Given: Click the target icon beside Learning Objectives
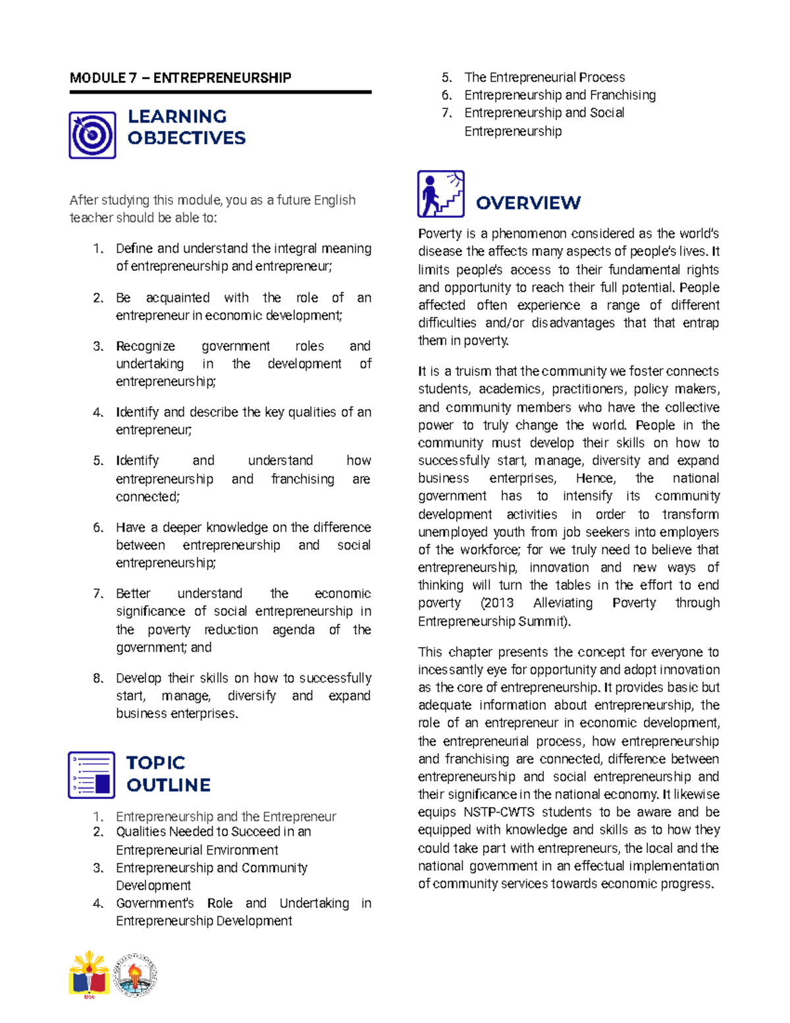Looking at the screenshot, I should [x=92, y=135].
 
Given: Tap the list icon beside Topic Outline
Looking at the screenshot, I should [x=92, y=775].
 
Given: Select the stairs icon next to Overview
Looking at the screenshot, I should [x=440, y=194].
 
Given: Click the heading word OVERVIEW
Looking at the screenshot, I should [x=528, y=203].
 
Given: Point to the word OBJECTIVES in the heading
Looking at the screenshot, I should [x=186, y=138].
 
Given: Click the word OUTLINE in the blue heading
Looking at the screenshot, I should [x=169, y=785].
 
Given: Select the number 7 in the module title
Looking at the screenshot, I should [x=133, y=78].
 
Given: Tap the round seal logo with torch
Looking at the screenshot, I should [x=135, y=976].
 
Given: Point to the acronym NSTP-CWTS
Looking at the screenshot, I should [x=499, y=812].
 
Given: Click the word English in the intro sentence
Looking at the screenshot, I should [x=334, y=200].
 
